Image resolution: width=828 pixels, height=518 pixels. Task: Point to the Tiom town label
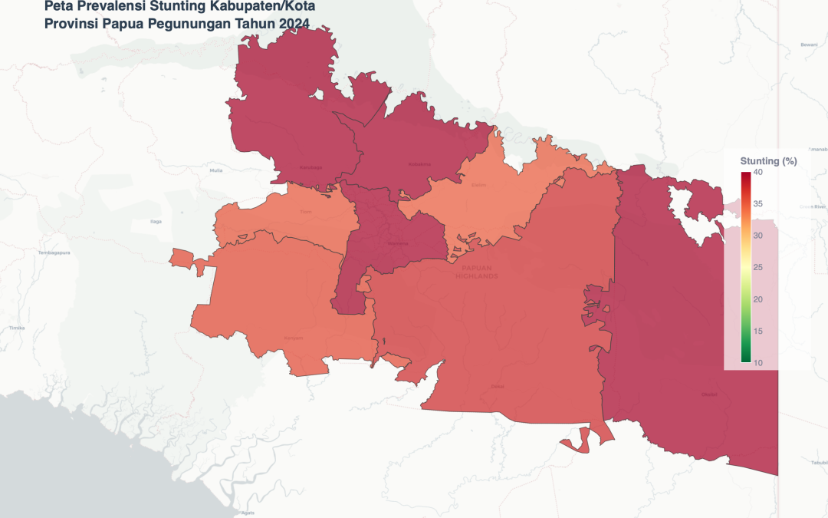click(x=307, y=212)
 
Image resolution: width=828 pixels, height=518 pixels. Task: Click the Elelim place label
click(x=479, y=184)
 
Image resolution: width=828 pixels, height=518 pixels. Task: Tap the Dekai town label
click(x=498, y=386)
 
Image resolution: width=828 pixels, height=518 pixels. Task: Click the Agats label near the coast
click(x=248, y=512)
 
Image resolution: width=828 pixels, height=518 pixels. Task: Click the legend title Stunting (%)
click(x=768, y=161)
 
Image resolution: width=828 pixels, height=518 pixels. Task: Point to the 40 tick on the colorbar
click(x=757, y=173)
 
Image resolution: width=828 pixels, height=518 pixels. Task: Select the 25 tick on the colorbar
click(x=757, y=267)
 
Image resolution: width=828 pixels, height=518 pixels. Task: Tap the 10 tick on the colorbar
click(x=757, y=362)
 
